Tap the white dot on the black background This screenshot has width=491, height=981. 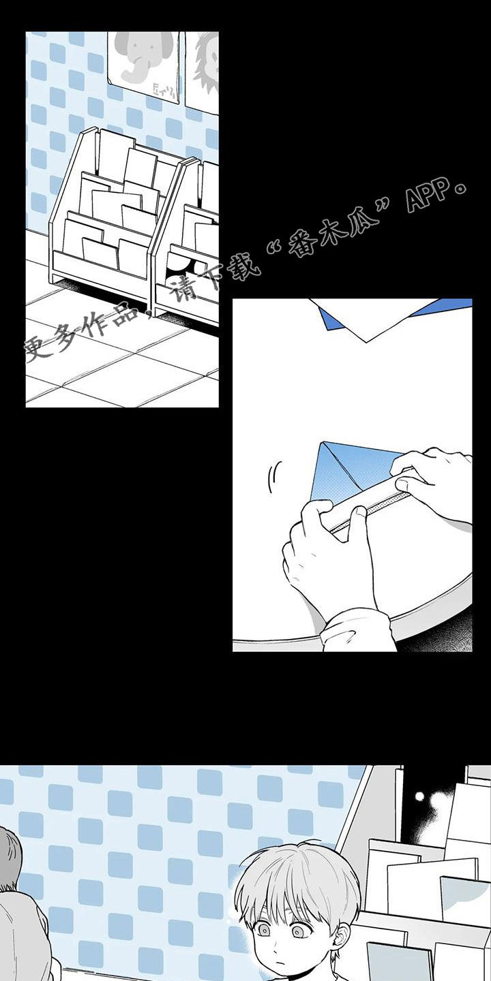pyautogui.click(x=419, y=796)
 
